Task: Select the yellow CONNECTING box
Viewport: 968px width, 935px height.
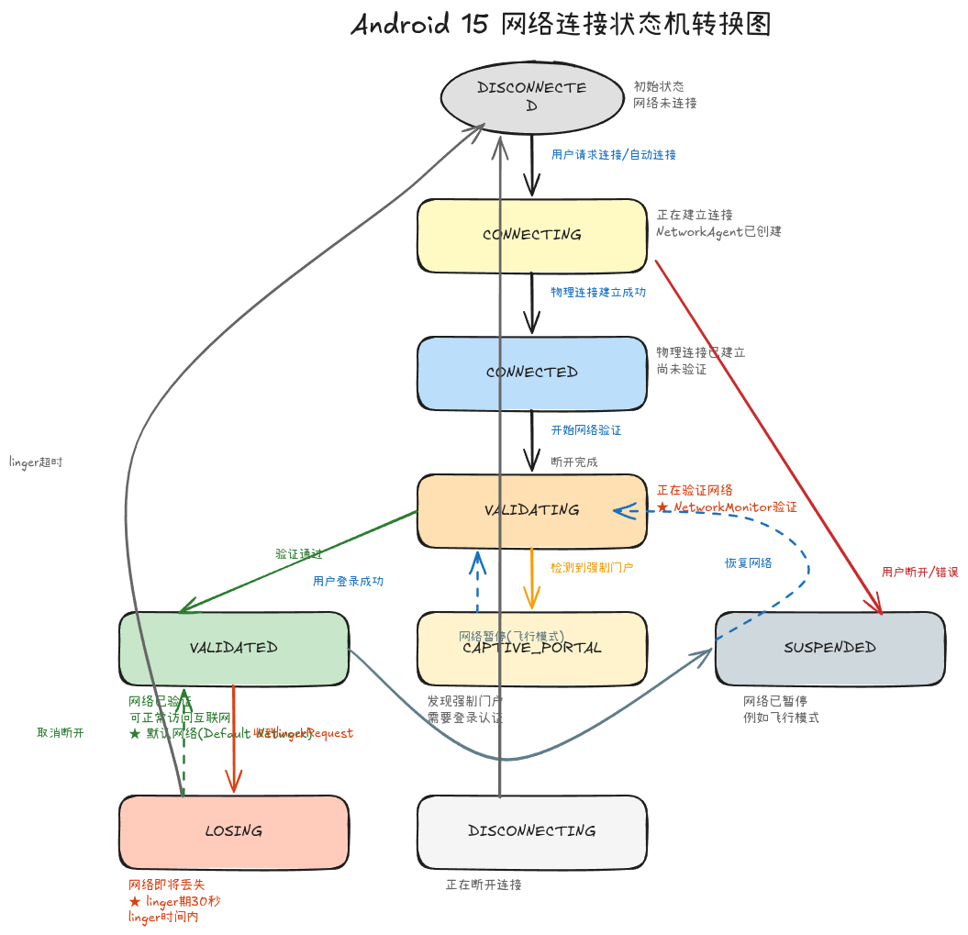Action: tap(532, 235)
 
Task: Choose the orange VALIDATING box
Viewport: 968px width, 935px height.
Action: tap(532, 509)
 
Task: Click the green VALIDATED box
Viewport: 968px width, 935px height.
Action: tap(234, 647)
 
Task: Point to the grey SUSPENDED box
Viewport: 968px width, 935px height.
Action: tap(829, 647)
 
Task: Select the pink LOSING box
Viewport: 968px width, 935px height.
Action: tap(234, 830)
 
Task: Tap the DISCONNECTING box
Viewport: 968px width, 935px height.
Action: tap(532, 830)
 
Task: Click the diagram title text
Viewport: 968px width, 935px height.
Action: tap(561, 25)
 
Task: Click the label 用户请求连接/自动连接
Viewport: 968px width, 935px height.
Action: tap(613, 155)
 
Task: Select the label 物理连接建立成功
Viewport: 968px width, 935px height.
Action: tap(598, 292)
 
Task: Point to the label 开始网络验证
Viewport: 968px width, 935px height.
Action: tap(585, 429)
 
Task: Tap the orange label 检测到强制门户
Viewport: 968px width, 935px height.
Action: tap(592, 568)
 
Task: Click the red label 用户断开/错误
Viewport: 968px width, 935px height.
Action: tap(919, 572)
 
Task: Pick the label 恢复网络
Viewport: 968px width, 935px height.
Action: tap(748, 562)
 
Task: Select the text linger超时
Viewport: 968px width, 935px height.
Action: tap(36, 462)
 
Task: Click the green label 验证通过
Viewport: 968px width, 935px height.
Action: tap(298, 554)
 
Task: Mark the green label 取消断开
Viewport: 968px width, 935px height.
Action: tap(60, 733)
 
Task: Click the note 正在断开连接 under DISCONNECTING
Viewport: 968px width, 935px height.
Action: tap(484, 885)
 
